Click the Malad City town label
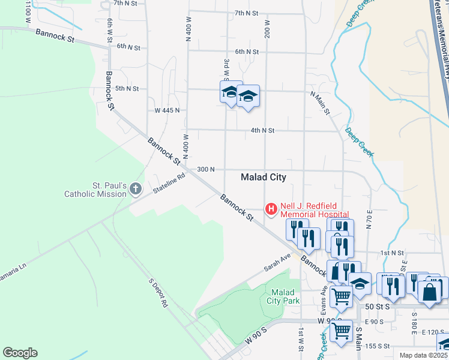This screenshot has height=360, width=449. click(263, 177)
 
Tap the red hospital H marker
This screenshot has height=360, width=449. click(271, 209)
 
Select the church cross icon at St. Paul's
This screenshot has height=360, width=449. click(136, 189)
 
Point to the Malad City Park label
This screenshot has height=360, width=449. click(282, 296)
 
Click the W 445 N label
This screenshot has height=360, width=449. click(167, 110)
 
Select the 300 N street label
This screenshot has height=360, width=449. click(205, 170)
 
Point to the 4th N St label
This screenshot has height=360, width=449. click(262, 130)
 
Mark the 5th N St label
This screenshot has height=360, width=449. click(127, 88)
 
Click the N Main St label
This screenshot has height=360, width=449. click(320, 103)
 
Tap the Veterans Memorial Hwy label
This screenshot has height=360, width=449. click(441, 36)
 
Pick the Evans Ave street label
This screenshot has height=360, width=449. click(324, 300)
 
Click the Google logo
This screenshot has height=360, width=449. click(20, 353)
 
